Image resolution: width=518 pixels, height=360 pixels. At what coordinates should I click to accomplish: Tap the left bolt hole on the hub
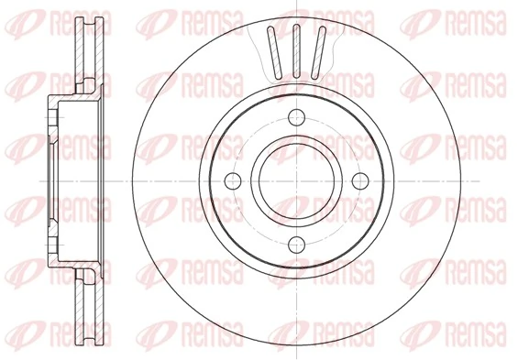click(234, 180)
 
